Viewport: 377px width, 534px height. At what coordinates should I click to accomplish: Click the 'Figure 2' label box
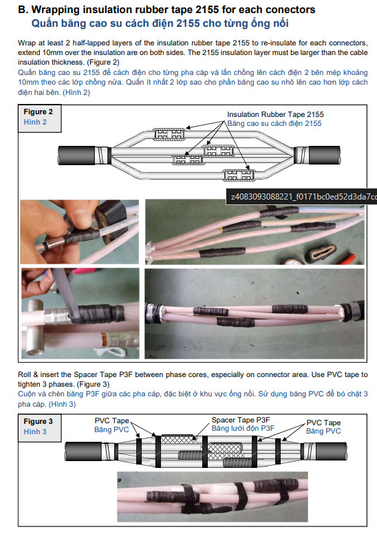click(x=40, y=118)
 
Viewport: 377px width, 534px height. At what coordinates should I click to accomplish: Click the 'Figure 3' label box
click(x=40, y=427)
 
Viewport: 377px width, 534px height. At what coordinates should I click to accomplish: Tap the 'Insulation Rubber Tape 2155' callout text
click(x=275, y=114)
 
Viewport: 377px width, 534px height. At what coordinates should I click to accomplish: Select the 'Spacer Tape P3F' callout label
click(x=240, y=420)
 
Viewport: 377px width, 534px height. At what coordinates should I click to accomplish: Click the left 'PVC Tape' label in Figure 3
click(x=111, y=420)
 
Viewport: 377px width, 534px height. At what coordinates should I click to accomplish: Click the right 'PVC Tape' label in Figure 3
click(x=323, y=423)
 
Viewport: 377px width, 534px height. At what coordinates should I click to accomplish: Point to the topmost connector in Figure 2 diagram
click(x=169, y=133)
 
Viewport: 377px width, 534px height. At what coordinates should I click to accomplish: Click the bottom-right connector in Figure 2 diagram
click(x=239, y=175)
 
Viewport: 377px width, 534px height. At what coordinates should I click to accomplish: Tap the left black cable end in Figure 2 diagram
click(x=76, y=156)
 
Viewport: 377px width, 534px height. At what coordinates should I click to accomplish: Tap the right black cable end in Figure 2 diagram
click(x=324, y=156)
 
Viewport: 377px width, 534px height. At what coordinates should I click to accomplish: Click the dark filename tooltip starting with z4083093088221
click(x=302, y=197)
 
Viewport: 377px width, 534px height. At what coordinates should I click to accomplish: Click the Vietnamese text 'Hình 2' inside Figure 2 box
click(x=35, y=122)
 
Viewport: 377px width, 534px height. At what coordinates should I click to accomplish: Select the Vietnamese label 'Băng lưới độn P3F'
click(x=243, y=428)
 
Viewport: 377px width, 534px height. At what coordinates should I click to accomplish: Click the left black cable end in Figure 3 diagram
click(x=83, y=452)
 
